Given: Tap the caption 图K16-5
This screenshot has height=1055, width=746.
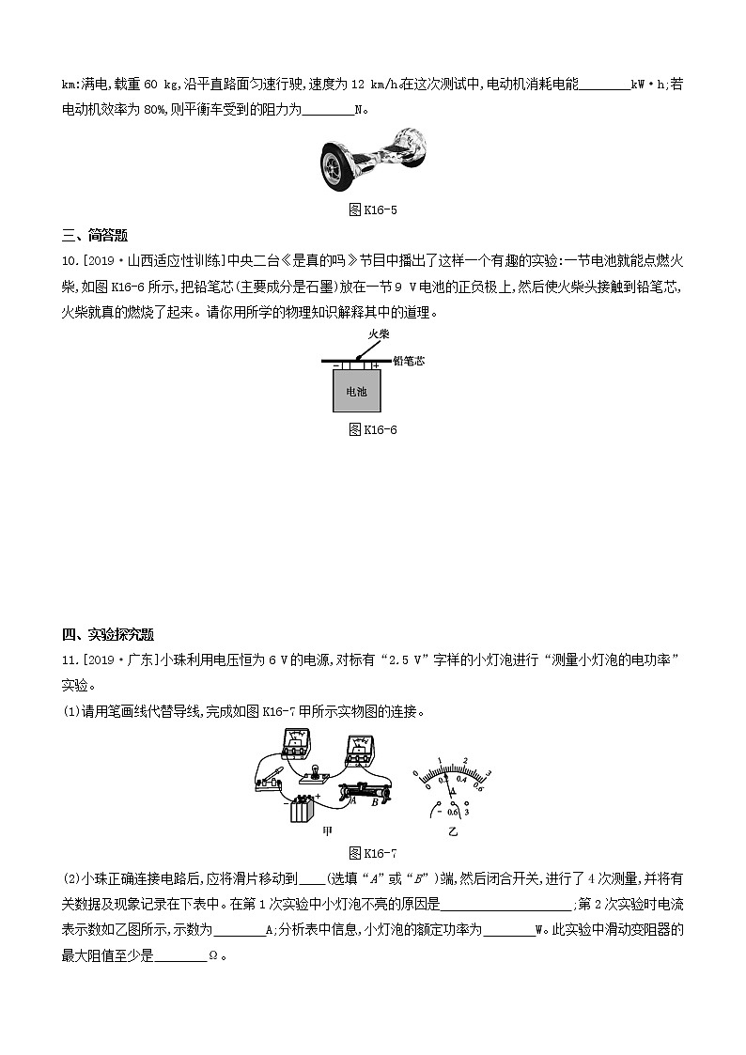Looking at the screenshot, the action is tap(373, 209).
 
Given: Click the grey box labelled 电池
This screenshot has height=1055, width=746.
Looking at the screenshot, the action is tap(357, 390).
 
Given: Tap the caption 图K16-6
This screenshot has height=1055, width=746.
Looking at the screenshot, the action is tap(373, 429).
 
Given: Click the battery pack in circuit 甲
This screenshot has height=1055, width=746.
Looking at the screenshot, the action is tap(302, 809).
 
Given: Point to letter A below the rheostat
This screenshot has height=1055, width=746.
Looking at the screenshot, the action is tap(352, 801).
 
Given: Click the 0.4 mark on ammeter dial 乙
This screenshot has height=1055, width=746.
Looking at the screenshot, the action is tap(460, 779).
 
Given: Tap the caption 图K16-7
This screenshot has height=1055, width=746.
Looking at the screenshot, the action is tap(373, 853).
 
